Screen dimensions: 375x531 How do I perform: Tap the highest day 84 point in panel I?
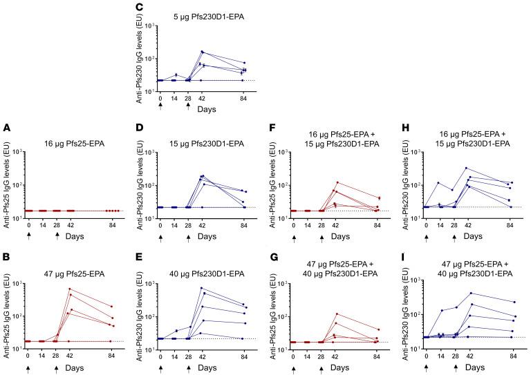(513, 302)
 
